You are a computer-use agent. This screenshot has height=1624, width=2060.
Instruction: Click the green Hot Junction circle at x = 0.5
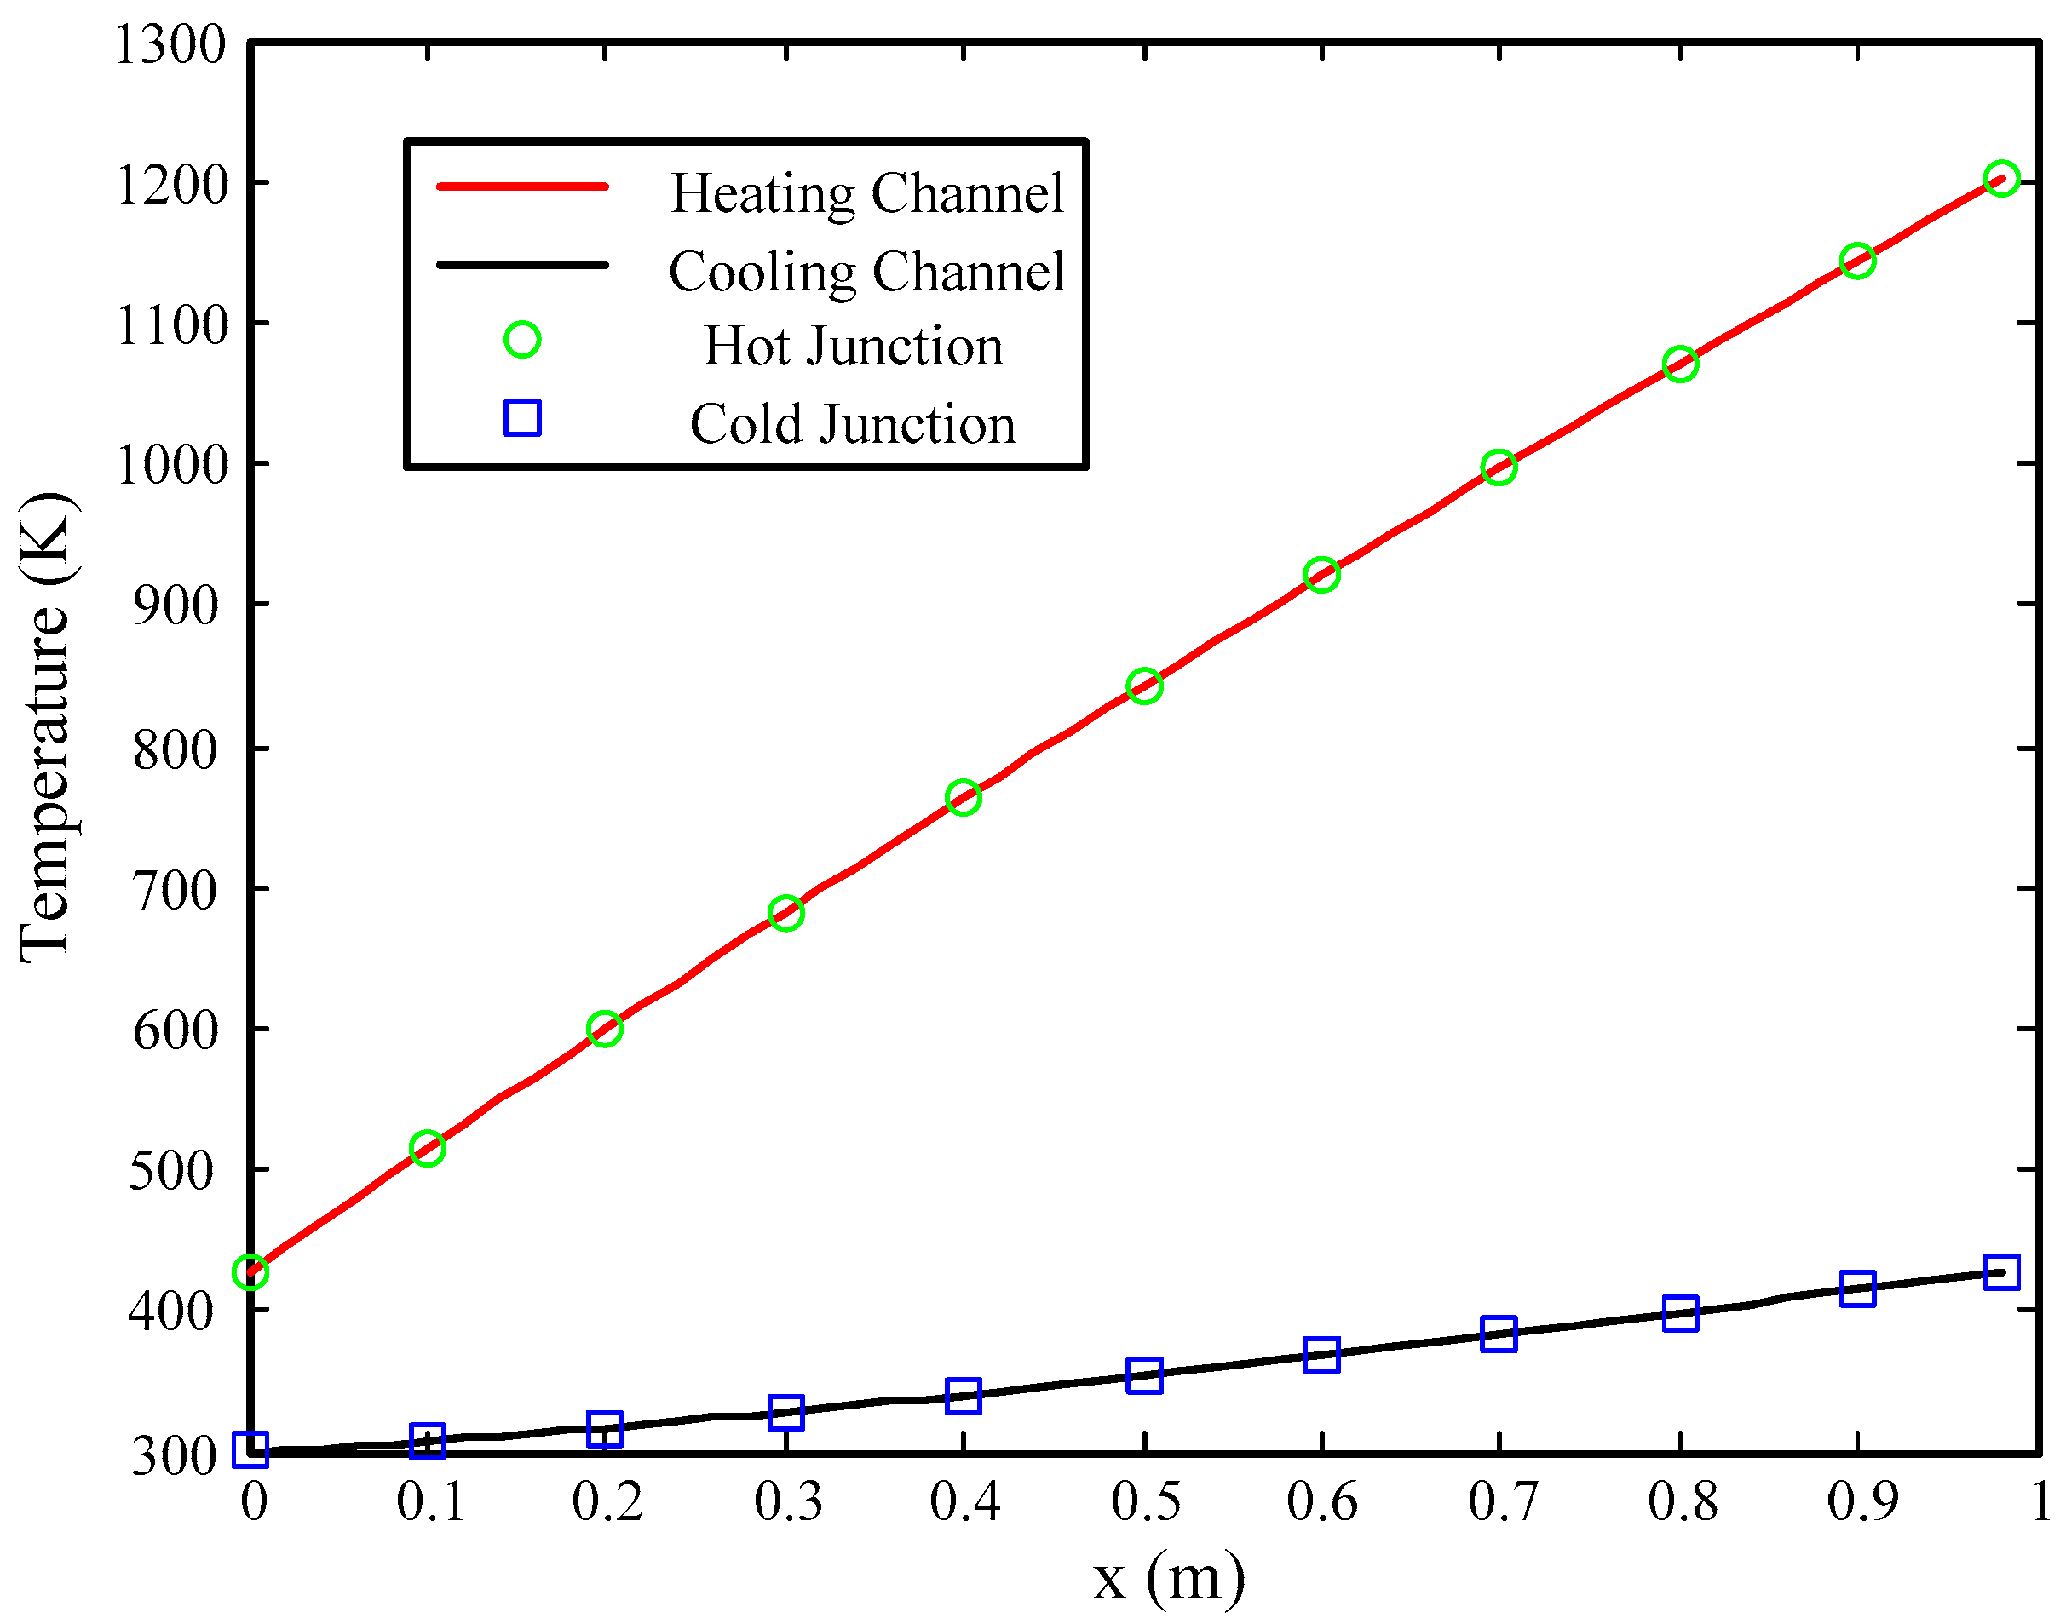(1144, 686)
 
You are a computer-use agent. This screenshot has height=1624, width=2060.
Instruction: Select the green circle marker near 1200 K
(2002, 179)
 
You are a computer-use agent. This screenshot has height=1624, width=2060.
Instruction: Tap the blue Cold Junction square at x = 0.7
(1499, 1333)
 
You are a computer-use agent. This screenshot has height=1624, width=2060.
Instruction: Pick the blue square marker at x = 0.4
(964, 1396)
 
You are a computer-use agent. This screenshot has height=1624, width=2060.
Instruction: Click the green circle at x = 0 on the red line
(250, 1272)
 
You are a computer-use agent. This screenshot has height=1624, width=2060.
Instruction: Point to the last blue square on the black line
(2002, 1272)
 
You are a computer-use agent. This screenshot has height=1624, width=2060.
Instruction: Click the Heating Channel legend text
(866, 193)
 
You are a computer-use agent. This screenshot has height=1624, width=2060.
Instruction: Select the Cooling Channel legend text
(866, 271)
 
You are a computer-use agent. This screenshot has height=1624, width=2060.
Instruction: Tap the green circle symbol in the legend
(522, 340)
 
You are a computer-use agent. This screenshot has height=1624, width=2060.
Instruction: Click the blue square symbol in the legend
(522, 417)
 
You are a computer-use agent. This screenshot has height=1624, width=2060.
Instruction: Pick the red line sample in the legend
(522, 187)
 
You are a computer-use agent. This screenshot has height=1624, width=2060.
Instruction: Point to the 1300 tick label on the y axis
(170, 44)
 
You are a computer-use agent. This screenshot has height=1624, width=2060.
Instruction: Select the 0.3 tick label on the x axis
(788, 1503)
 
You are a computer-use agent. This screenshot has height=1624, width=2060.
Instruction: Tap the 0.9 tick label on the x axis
(1862, 1503)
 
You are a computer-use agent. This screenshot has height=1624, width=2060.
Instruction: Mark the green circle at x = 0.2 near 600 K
(605, 1029)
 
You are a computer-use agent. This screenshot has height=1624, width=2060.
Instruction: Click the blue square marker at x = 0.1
(427, 1442)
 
